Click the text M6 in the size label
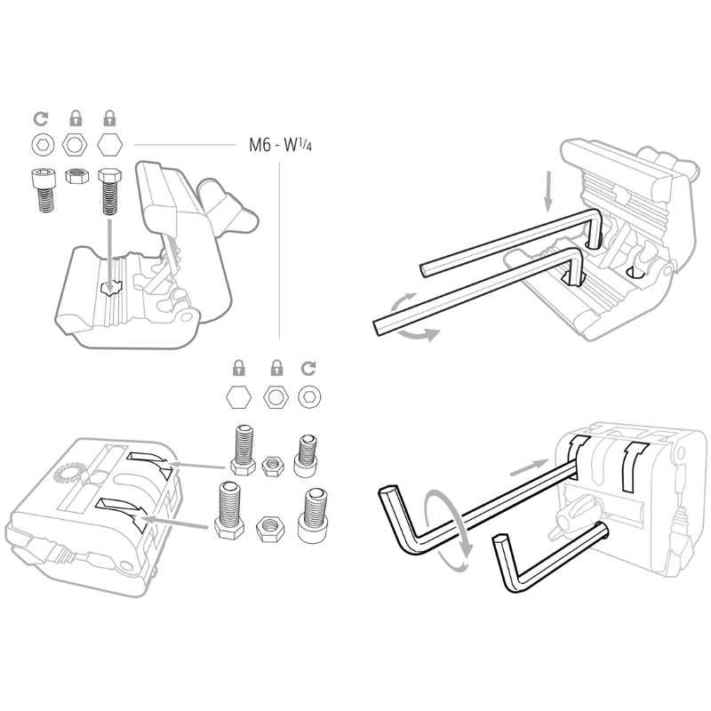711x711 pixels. [260, 145]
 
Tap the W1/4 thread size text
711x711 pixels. [298, 145]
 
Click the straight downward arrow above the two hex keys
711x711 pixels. [548, 191]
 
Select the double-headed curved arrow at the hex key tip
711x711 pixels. [413, 317]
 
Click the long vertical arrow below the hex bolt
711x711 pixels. [108, 256]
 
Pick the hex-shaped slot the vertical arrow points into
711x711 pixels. [111, 288]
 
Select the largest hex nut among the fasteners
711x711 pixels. [270, 529]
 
